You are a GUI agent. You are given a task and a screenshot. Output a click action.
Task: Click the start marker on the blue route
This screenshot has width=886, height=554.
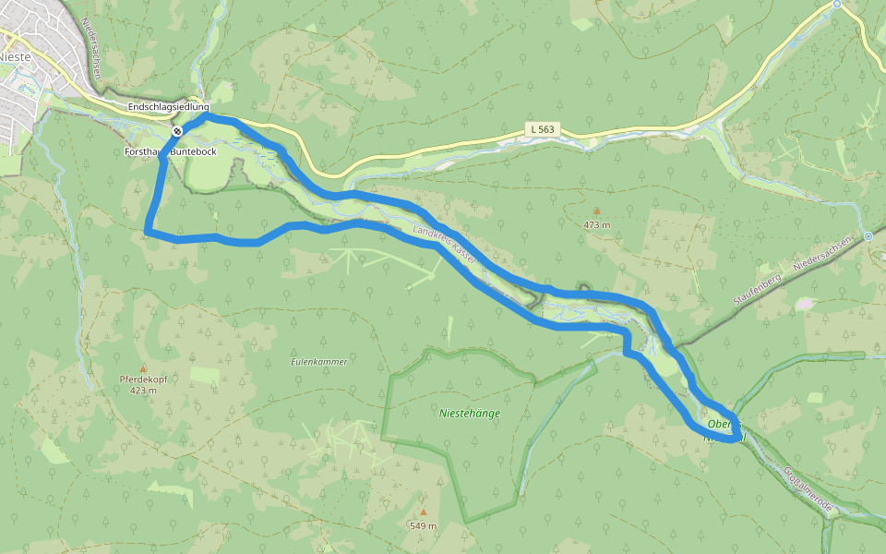pyautogui.click(x=177, y=131)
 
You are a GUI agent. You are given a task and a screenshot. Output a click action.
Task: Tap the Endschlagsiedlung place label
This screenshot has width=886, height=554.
pyautogui.click(x=169, y=107)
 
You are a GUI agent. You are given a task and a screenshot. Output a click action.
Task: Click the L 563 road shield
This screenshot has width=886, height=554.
pyautogui.click(x=543, y=129)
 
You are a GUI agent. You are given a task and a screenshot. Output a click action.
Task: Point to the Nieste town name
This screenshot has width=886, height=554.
pyautogui.click(x=16, y=56)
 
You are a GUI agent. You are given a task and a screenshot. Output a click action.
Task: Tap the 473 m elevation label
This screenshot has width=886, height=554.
pyautogui.click(x=596, y=224)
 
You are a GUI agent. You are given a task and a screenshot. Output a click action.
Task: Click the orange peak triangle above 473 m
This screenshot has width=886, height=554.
pyautogui.click(x=596, y=211)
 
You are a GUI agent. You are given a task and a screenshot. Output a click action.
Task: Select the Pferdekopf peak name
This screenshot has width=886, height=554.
pyautogui.click(x=142, y=379)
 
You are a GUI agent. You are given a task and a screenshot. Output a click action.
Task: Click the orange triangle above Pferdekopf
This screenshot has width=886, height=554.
pyautogui.click(x=142, y=367)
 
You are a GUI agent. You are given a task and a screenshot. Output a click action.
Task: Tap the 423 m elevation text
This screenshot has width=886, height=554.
pyautogui.click(x=142, y=391)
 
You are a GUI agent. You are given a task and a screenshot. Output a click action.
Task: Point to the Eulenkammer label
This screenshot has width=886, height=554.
pyautogui.click(x=318, y=362)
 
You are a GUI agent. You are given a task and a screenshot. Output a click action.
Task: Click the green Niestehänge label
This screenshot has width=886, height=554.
pyautogui.click(x=470, y=414)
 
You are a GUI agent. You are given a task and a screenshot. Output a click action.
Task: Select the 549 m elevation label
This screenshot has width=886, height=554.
pyautogui.click(x=423, y=526)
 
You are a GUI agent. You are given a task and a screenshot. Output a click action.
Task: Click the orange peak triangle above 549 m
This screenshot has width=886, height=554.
pyautogui.click(x=423, y=512)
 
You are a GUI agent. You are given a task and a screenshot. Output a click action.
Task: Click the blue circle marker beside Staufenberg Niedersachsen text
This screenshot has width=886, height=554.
pyautogui.click(x=868, y=235)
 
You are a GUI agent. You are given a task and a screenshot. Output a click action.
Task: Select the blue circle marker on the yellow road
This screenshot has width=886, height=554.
pyautogui.click(x=837, y=4)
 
